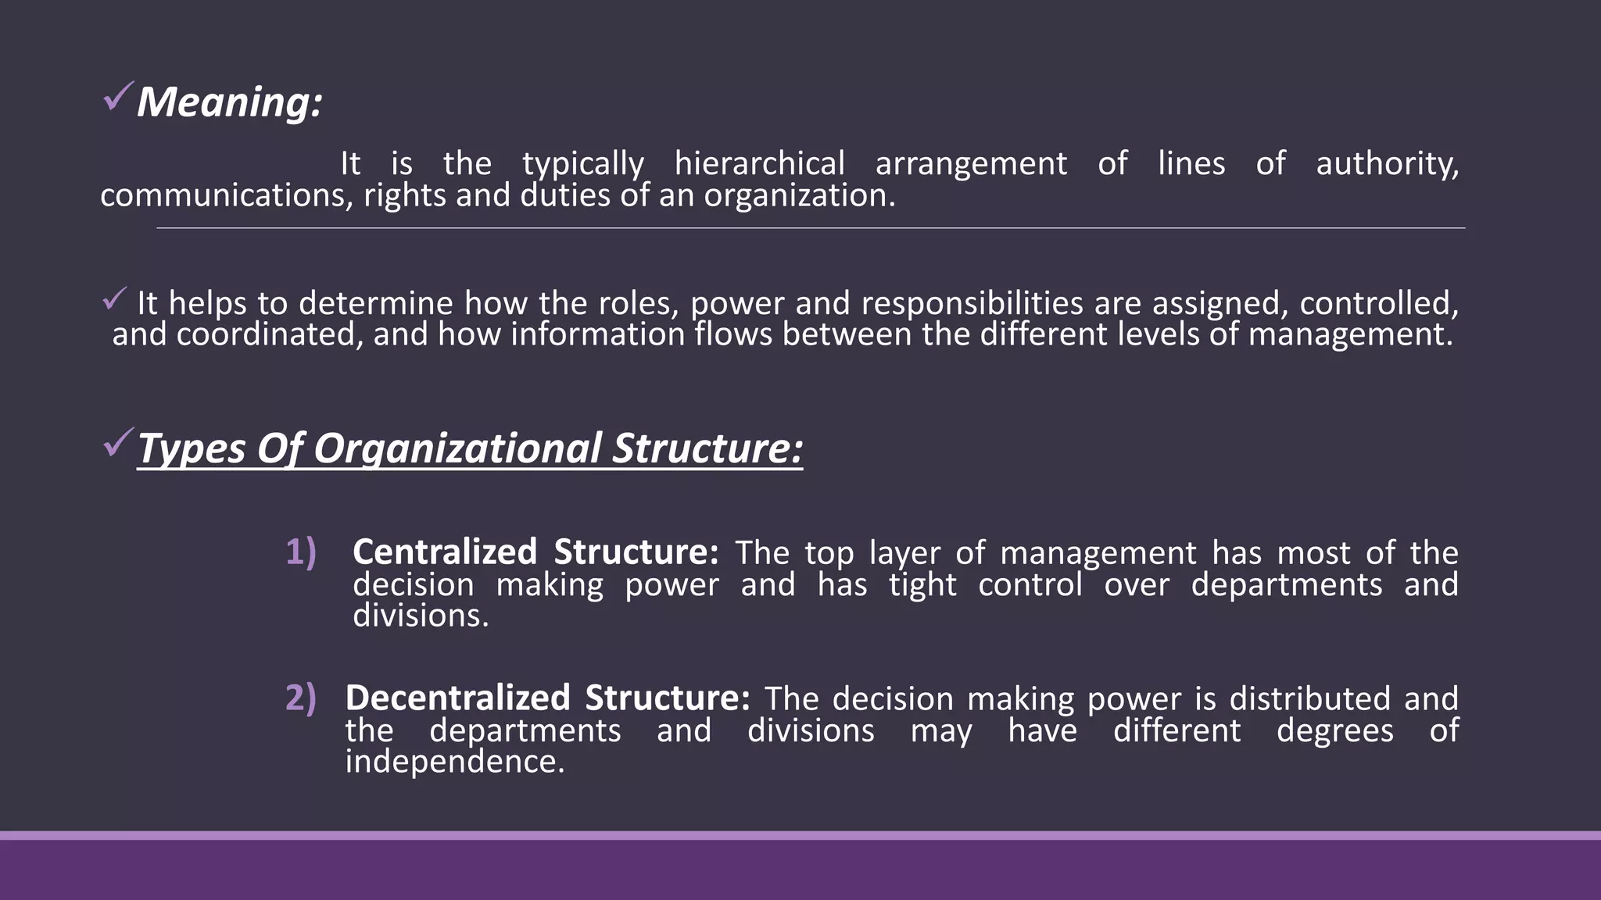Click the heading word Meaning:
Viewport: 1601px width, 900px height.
[229, 102]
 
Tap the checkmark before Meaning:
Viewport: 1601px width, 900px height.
[117, 97]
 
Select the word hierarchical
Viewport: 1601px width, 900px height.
[759, 164]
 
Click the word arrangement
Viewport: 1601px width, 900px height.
[971, 164]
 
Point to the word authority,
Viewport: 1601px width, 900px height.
[1387, 164]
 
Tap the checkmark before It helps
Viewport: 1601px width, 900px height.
[115, 298]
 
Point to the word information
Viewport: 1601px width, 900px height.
[598, 334]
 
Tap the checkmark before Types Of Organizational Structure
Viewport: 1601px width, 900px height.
[117, 444]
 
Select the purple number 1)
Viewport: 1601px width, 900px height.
[300, 552]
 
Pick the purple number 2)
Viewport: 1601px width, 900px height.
[300, 698]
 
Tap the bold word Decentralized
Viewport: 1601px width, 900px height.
[457, 698]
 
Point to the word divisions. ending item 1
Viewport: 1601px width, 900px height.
[421, 616]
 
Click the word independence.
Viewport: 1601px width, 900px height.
[454, 762]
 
